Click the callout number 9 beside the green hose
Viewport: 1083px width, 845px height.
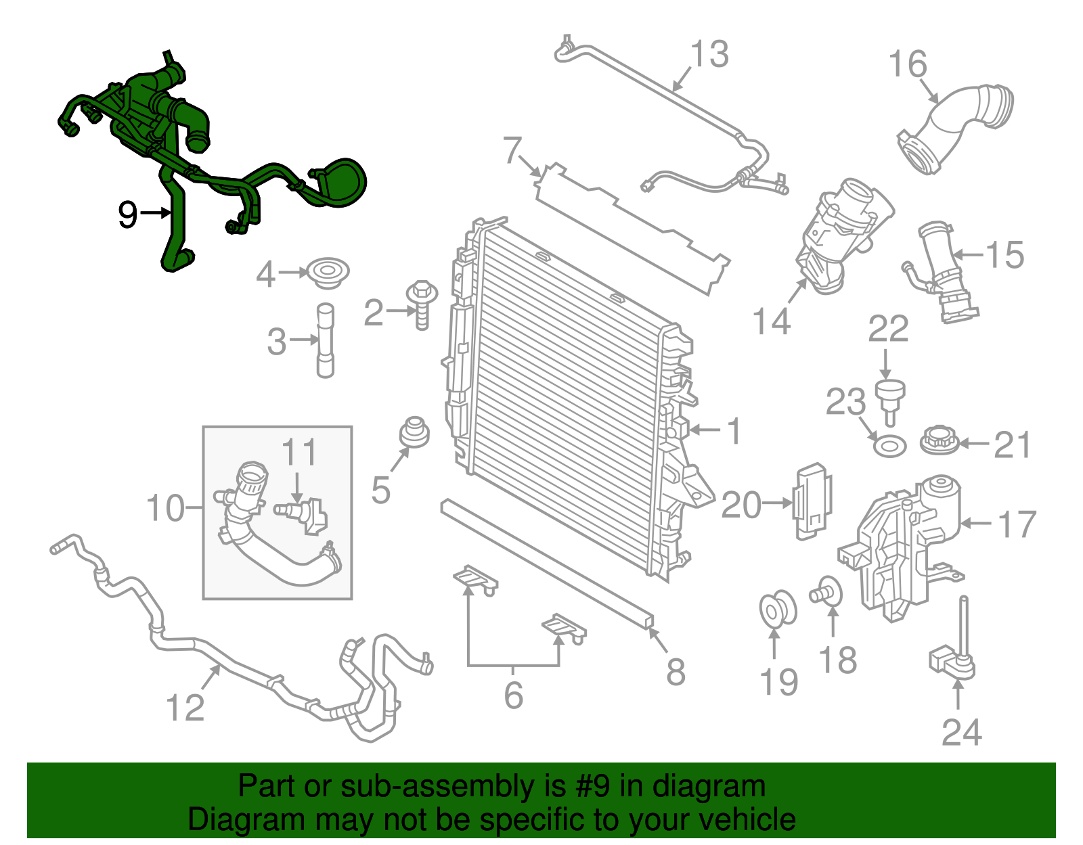(127, 214)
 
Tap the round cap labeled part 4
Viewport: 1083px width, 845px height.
(327, 273)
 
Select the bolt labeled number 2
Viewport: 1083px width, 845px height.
(421, 305)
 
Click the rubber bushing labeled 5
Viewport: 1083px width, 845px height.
(414, 433)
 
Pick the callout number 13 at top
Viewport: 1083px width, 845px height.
(709, 54)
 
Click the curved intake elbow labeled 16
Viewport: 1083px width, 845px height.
(954, 129)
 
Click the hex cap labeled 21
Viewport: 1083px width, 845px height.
(939, 441)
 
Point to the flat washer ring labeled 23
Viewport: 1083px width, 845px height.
(889, 447)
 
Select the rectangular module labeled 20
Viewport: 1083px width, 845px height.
(812, 501)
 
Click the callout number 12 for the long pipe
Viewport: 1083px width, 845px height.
(185, 708)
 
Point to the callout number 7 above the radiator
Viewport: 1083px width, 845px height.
(513, 150)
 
